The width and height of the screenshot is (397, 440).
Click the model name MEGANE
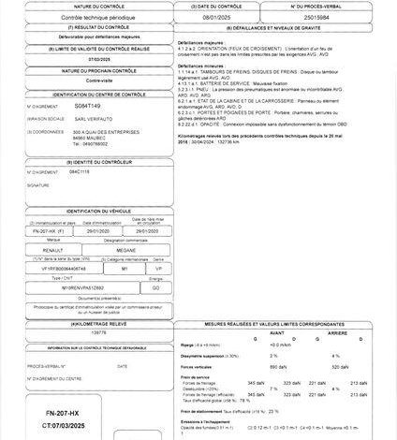125,250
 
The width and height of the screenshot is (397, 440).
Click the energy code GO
155,287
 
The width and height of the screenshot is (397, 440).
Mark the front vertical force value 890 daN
277,368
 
